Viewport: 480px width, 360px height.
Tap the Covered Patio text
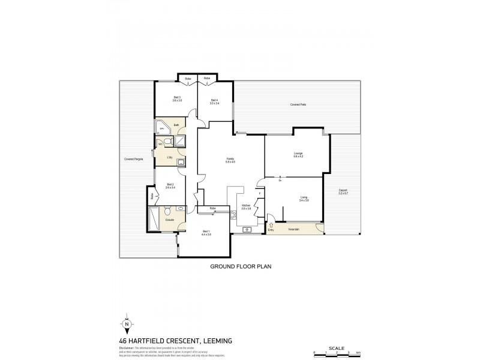pyautogui.click(x=298, y=104)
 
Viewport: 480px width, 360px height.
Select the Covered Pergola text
pyautogui.click(x=133, y=159)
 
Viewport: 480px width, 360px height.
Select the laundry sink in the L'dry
pyautogui.click(x=179, y=161)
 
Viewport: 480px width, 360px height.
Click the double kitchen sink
pyautogui.click(x=246, y=229)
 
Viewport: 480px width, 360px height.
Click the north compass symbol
pyautogui.click(x=127, y=324)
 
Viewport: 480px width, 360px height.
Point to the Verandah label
pyautogui.click(x=294, y=229)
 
